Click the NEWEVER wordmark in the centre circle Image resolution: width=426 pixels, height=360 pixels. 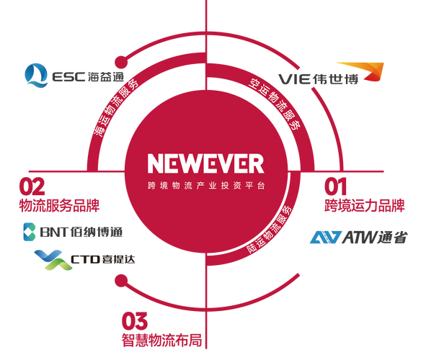(x=206, y=163)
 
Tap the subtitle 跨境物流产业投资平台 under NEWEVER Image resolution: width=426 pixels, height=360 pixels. (x=206, y=186)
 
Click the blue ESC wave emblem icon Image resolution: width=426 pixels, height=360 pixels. (x=36, y=76)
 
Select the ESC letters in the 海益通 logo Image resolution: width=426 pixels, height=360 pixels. (x=68, y=77)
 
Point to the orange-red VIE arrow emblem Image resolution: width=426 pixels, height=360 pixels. (x=367, y=71)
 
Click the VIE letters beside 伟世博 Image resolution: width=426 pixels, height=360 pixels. (x=294, y=79)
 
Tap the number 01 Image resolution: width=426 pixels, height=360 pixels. (x=335, y=186)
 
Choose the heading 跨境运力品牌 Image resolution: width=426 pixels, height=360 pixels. (x=365, y=206)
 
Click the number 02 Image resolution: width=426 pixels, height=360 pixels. (x=32, y=186)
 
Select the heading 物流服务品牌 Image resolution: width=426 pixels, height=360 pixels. (x=59, y=206)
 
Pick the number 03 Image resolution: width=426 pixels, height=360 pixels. (x=135, y=321)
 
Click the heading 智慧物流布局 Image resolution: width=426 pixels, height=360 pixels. (x=161, y=340)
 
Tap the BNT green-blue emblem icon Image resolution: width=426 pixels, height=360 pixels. (x=30, y=232)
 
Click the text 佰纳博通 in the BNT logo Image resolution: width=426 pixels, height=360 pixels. (x=97, y=233)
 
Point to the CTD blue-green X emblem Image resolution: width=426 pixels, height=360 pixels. (x=53, y=260)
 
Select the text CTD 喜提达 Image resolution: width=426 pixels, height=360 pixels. (x=102, y=260)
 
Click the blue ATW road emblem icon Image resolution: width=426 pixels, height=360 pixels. (x=326, y=238)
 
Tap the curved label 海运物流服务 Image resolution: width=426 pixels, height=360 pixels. (x=115, y=107)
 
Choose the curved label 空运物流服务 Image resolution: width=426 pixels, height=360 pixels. (x=275, y=104)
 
